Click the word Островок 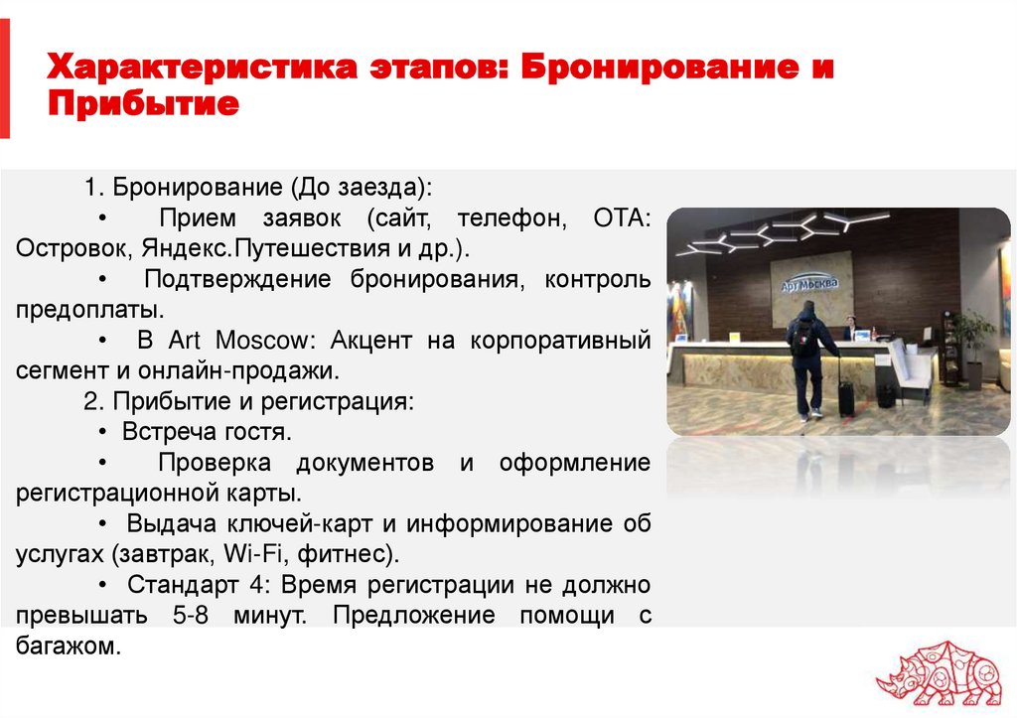click(x=73, y=247)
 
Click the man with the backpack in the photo click(x=805, y=353)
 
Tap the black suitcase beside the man click(x=846, y=394)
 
